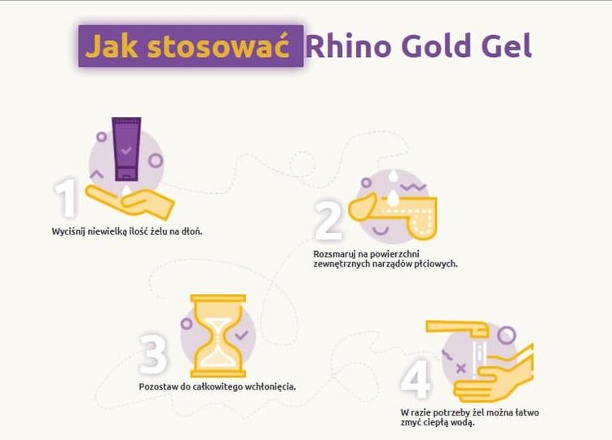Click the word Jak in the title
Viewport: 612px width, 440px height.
click(x=112, y=46)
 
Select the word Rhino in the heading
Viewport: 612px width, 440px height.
click(x=349, y=46)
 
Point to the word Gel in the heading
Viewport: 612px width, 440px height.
click(x=507, y=46)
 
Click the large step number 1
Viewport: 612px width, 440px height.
click(x=67, y=197)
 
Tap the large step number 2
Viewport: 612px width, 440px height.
click(x=328, y=221)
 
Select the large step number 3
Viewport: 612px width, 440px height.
click(x=154, y=354)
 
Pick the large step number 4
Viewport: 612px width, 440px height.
click(x=416, y=378)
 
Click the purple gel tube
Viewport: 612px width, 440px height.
click(x=126, y=149)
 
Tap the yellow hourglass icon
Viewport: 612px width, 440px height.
click(x=218, y=336)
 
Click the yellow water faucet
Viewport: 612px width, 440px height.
click(x=457, y=328)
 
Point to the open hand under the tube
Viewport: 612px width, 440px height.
click(x=130, y=201)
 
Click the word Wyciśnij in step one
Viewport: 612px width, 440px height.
click(x=68, y=231)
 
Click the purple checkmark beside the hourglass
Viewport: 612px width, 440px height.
click(x=241, y=335)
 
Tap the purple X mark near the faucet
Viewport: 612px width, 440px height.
click(x=461, y=368)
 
